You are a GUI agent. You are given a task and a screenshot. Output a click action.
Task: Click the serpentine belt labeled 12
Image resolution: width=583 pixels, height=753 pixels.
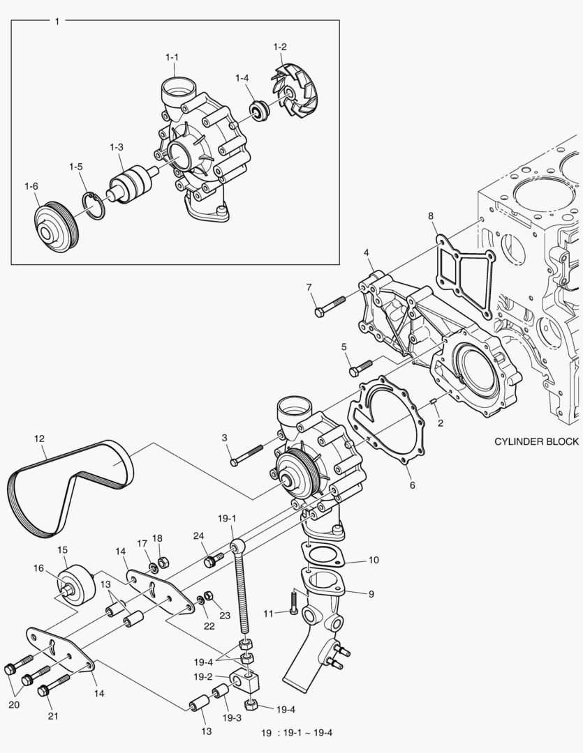pos(70,488)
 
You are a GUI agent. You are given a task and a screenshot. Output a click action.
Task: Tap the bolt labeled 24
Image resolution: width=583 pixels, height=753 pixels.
pos(213,559)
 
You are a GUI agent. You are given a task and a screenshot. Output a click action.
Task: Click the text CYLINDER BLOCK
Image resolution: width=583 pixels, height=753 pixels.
pos(536,441)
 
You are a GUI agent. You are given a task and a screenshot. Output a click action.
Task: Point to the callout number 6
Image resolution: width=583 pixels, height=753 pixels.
pos(412,484)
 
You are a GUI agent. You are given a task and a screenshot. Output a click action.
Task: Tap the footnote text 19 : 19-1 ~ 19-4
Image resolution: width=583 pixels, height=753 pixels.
pos(297,733)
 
